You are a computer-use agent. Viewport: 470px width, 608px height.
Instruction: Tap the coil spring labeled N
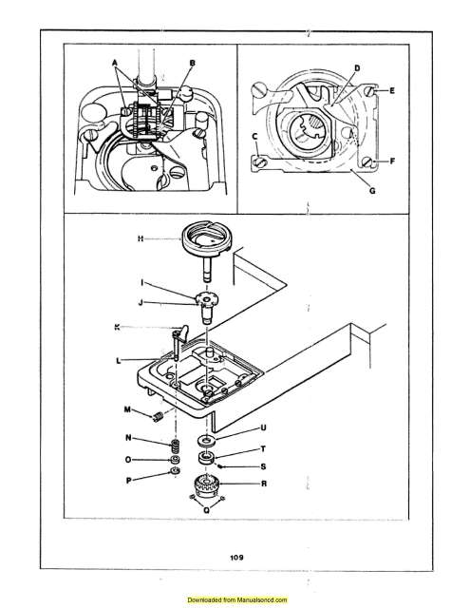click(175, 445)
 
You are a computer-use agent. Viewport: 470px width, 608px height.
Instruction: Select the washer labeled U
click(206, 442)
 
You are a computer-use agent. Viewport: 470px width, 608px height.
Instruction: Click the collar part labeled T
click(205, 460)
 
